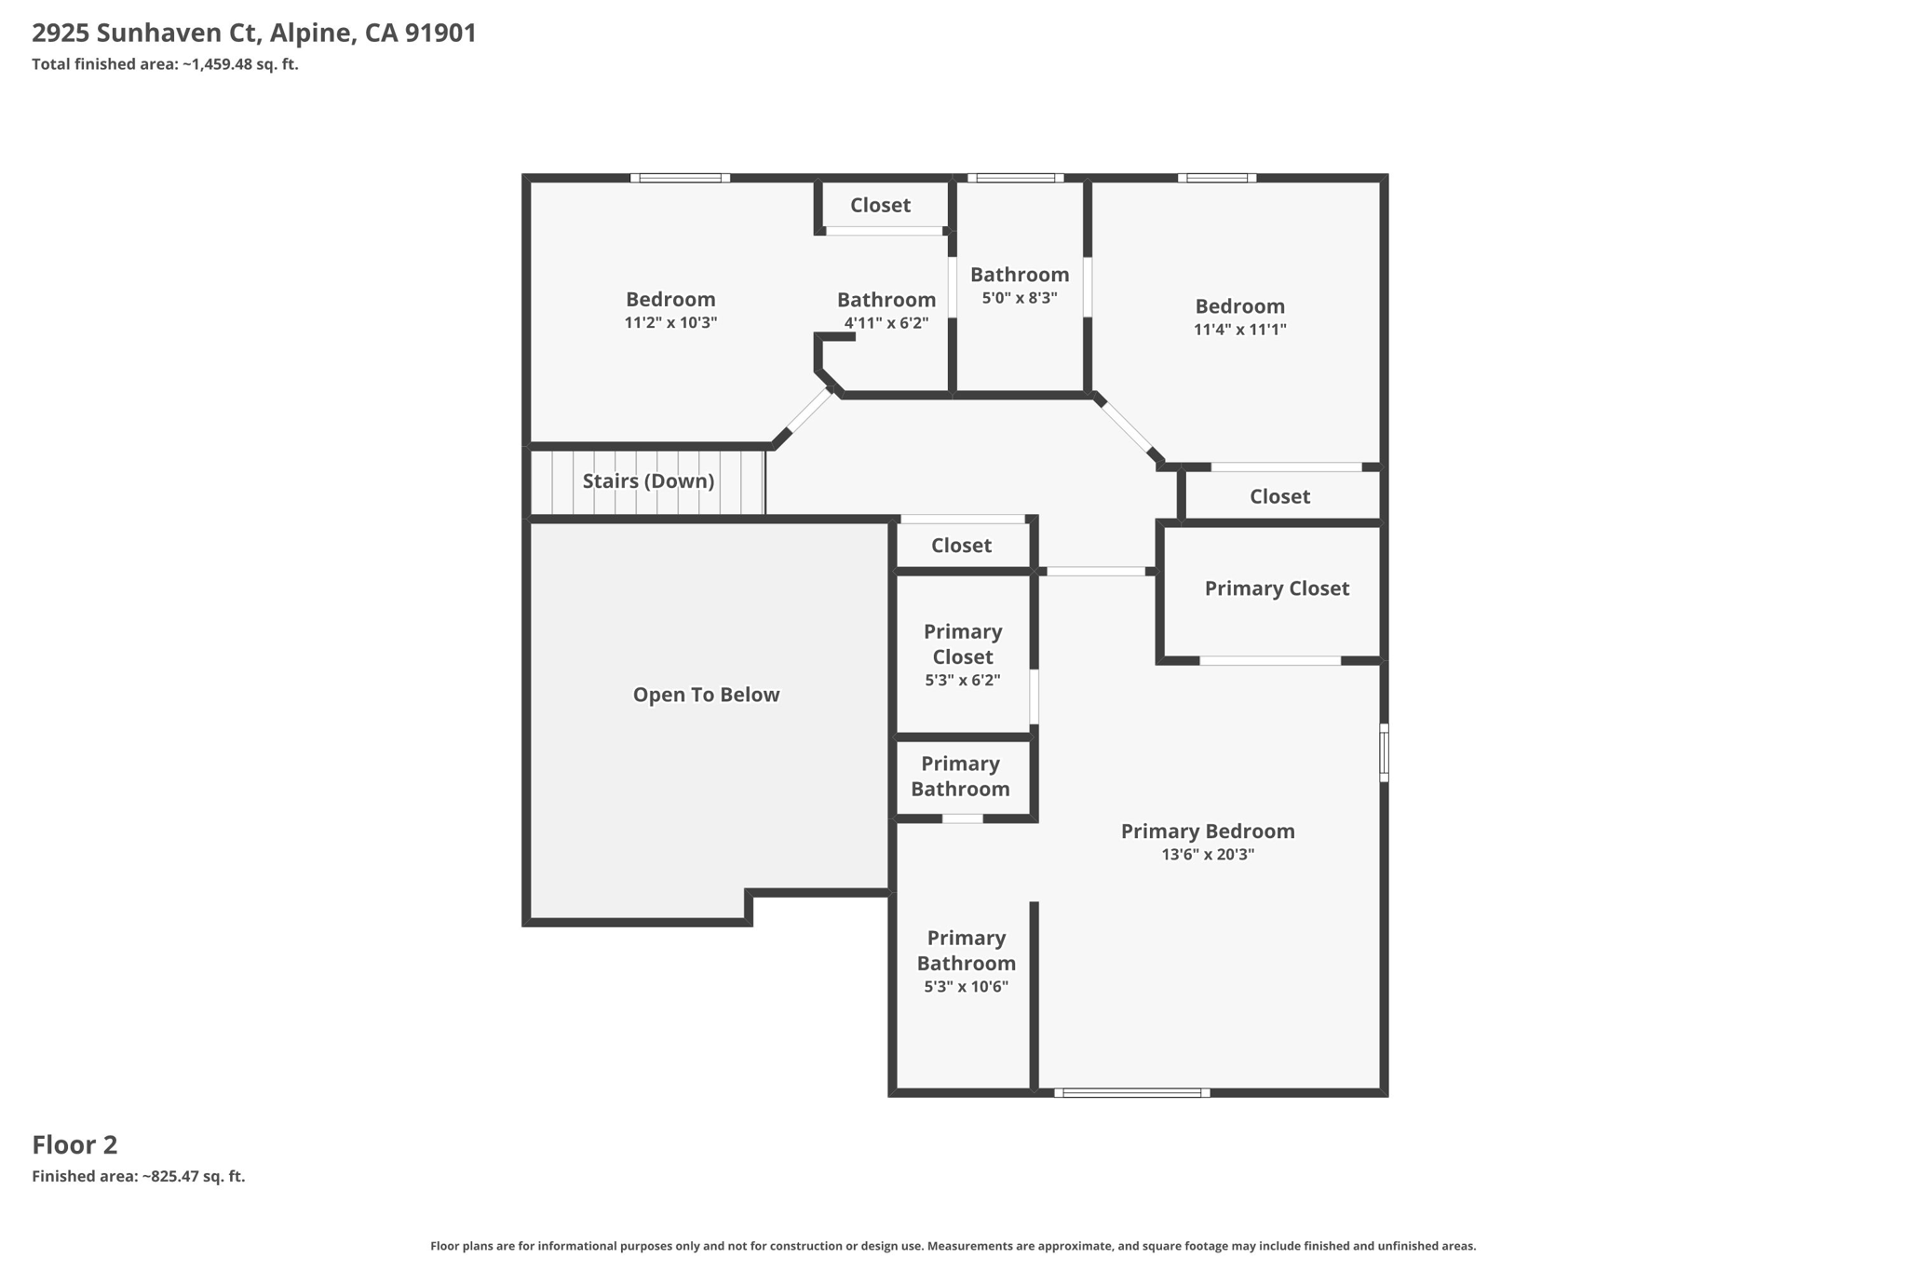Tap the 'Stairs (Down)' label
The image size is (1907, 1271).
coord(648,481)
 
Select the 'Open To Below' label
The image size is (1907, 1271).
coord(706,695)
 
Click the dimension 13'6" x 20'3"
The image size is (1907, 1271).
coord(1208,855)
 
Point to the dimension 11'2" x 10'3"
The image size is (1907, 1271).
coord(670,323)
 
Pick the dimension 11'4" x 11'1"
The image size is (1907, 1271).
coord(1240,330)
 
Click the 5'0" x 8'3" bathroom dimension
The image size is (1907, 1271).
coord(1020,298)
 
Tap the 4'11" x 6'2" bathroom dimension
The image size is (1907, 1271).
coord(886,324)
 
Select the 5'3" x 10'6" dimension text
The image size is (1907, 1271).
coord(967,987)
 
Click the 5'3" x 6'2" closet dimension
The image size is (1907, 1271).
coord(963,681)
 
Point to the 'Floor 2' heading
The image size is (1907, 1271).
coord(74,1145)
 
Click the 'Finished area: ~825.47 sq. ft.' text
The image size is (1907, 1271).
coord(139,1177)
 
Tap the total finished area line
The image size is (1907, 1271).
coord(165,64)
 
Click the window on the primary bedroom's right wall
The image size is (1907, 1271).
coord(1384,752)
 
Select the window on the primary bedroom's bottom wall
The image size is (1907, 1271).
coord(1132,1092)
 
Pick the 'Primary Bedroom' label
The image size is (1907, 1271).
coord(1208,832)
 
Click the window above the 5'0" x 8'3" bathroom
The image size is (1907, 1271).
coord(1015,178)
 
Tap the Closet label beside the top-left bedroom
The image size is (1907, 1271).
coord(880,205)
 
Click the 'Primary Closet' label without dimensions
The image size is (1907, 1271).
coord(1277,588)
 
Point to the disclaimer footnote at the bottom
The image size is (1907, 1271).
coord(953,1246)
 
